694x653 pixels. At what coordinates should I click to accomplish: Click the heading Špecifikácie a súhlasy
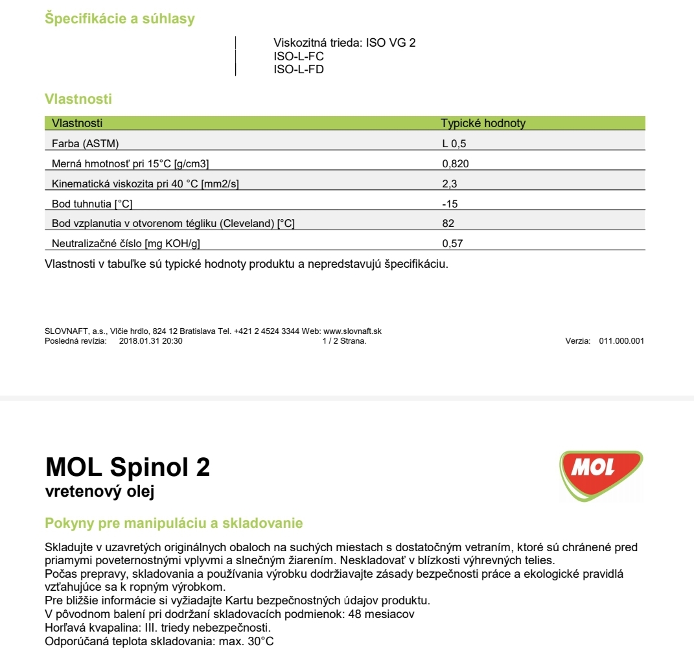pos(119,19)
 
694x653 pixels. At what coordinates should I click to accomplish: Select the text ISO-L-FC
pos(299,56)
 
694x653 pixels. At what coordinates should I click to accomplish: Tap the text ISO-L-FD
pos(299,69)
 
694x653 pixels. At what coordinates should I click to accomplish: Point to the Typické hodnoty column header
pos(483,123)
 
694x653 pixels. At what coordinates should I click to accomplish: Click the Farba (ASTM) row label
pos(85,143)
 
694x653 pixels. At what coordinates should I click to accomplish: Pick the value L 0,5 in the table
pos(454,143)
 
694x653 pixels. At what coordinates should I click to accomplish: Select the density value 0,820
pos(455,163)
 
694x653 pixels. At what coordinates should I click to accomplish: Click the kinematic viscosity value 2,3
pos(450,184)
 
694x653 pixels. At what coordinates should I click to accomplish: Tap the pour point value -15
pos(450,204)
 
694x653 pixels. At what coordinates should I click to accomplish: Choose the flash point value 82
pos(448,224)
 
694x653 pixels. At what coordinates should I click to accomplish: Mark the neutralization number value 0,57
pos(452,244)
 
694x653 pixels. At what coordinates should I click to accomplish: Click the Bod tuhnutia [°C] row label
pos(92,204)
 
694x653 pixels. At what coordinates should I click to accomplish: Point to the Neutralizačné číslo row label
pos(130,244)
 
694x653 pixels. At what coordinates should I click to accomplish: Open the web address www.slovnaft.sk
pos(352,331)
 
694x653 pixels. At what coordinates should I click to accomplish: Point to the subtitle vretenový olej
pos(99,492)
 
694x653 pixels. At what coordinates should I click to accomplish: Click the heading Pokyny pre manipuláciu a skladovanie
pos(173,523)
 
